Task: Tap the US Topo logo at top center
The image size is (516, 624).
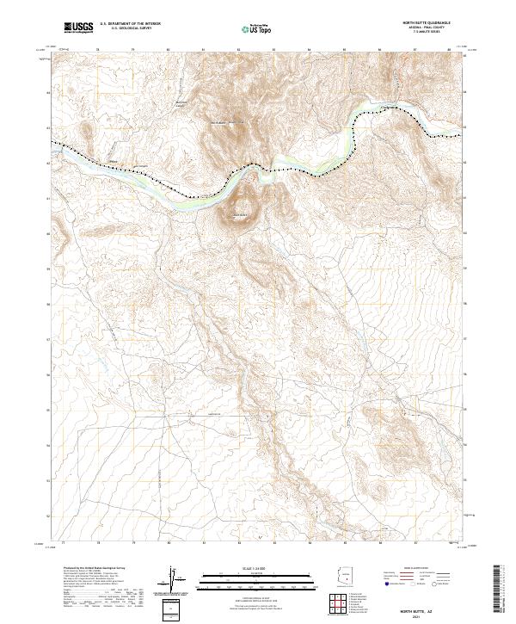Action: click(258, 29)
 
